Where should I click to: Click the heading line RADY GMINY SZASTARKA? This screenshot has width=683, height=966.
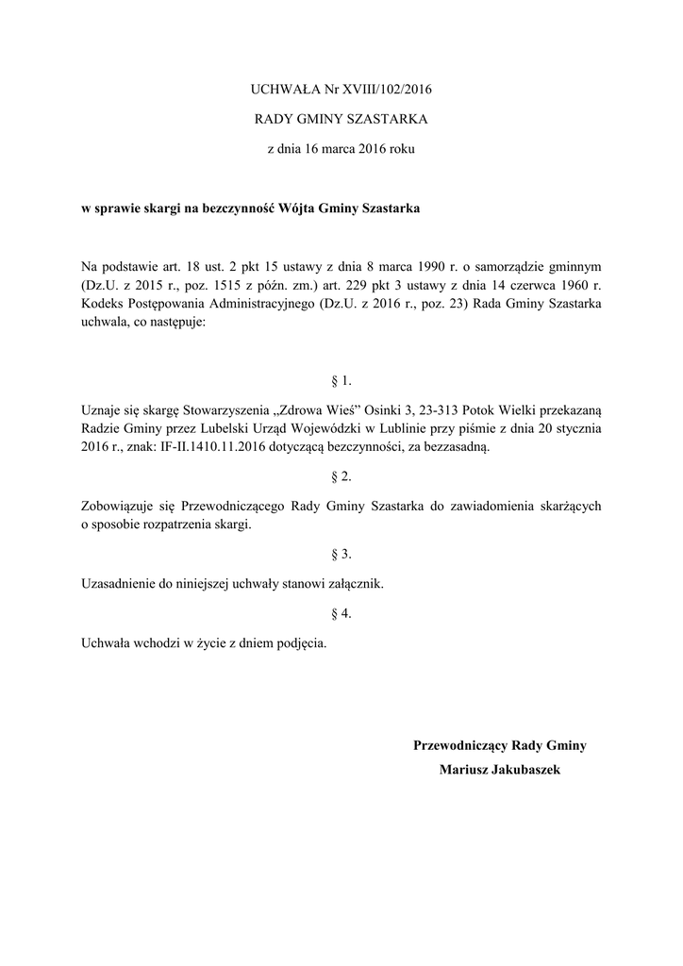tap(341, 120)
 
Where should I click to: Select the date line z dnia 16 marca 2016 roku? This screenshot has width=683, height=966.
tap(341, 149)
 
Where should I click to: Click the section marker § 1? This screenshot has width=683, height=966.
tap(341, 381)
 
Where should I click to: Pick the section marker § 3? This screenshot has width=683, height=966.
tap(341, 554)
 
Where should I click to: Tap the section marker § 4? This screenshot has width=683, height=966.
tap(341, 614)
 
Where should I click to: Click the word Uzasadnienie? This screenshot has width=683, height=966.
tap(120, 584)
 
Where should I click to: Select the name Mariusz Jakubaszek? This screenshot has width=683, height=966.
tap(500, 771)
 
